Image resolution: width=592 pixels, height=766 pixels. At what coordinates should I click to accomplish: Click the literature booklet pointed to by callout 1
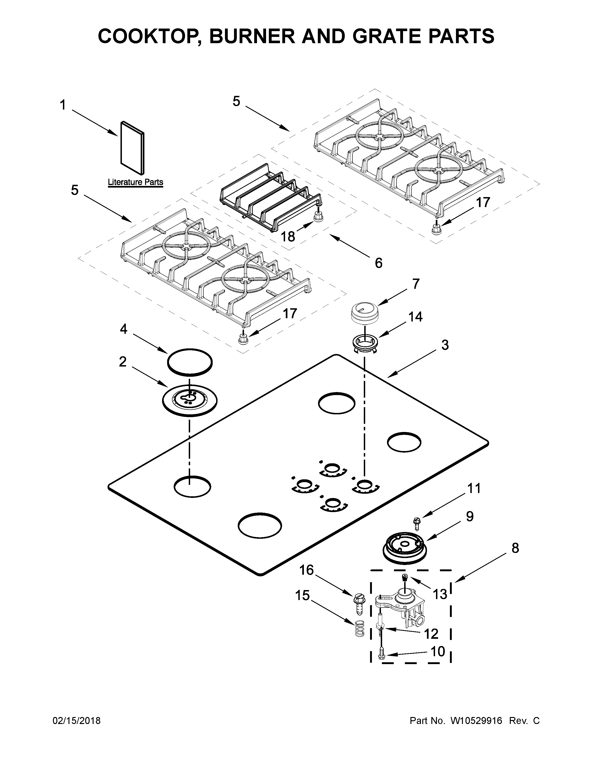click(132, 148)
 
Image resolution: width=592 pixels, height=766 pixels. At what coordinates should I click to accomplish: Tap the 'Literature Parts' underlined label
click(135, 182)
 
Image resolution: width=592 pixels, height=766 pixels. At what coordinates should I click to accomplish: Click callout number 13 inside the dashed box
click(440, 594)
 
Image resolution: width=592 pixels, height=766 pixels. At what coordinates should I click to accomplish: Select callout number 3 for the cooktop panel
click(445, 345)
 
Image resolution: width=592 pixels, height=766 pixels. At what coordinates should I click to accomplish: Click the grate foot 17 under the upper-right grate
click(436, 229)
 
